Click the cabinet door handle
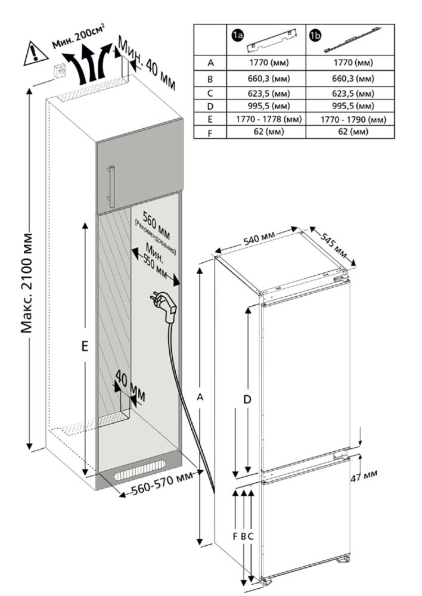(111, 185)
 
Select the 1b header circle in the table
(315, 36)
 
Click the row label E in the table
(210, 120)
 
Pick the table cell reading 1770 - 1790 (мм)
(351, 120)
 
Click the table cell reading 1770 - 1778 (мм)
(267, 120)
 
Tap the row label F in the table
(210, 132)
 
